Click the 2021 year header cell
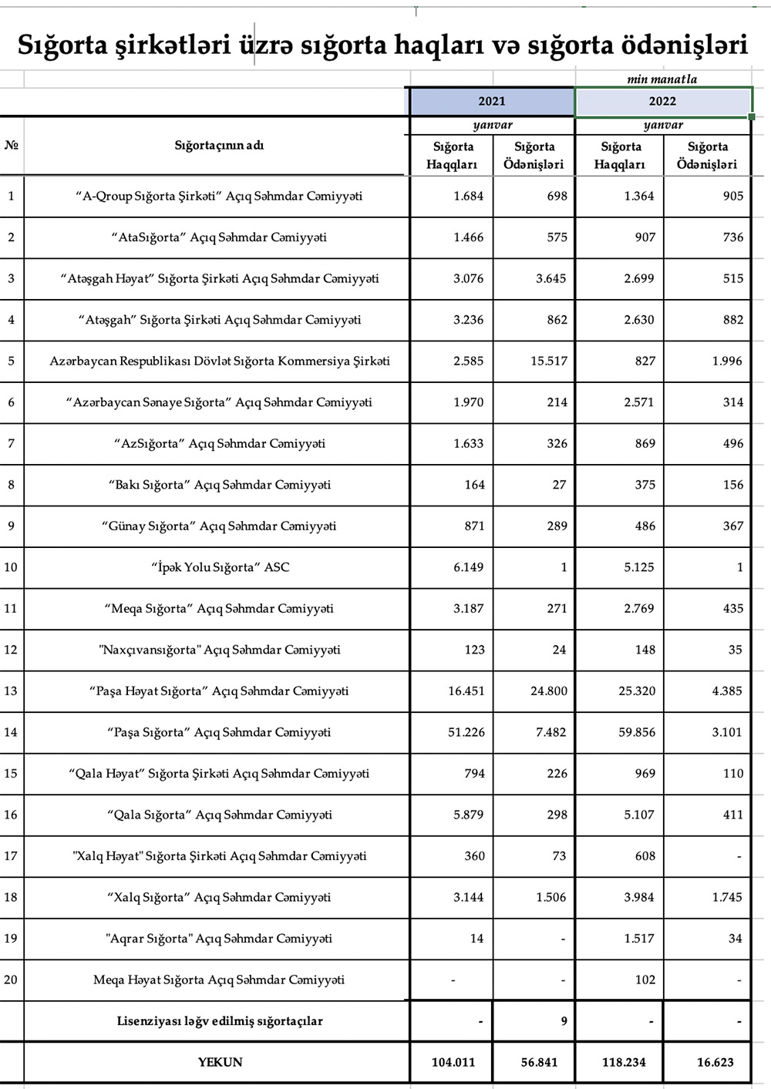click(491, 101)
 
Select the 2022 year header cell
click(662, 101)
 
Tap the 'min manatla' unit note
click(662, 79)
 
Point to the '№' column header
click(11, 145)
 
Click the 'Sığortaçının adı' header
click(219, 145)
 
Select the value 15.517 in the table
click(548, 361)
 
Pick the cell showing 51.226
click(466, 732)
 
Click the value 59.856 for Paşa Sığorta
click(637, 732)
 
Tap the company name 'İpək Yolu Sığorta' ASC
click(221, 567)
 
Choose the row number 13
click(11, 691)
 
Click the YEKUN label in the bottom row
click(220, 1062)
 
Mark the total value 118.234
click(624, 1062)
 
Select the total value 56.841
click(539, 1062)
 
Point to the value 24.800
click(548, 691)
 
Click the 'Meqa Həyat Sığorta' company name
click(219, 980)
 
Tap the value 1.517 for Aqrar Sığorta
click(639, 938)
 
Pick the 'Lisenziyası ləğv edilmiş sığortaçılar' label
click(220, 1021)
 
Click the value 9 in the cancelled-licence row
click(564, 1021)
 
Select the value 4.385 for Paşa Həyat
click(727, 691)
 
